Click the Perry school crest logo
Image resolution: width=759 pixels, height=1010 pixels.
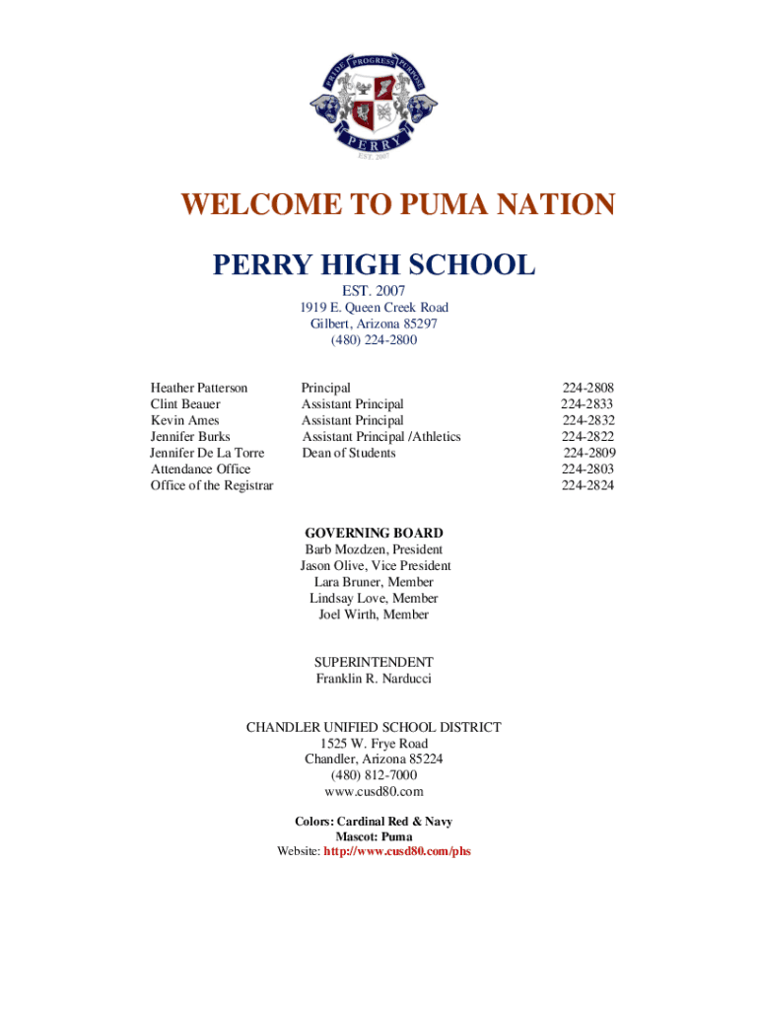[x=373, y=102]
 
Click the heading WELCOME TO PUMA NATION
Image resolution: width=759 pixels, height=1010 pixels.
[x=397, y=205]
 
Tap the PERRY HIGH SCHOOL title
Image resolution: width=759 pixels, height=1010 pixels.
[x=375, y=264]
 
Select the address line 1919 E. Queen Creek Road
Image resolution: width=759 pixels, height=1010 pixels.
[x=375, y=308]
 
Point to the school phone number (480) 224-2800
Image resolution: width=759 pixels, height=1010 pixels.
[x=375, y=340]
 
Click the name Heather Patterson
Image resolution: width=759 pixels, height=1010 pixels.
[x=199, y=388]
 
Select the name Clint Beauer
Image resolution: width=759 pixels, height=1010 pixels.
[x=185, y=404]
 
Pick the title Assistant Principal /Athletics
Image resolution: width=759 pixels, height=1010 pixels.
[x=381, y=437]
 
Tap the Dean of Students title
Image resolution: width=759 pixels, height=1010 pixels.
[x=349, y=453]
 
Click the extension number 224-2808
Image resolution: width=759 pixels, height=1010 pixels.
[x=588, y=388]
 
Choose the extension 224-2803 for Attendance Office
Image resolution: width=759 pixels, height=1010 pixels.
[x=588, y=469]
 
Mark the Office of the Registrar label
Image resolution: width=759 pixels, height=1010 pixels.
[x=212, y=485]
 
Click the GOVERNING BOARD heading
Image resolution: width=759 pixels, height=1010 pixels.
[x=374, y=534]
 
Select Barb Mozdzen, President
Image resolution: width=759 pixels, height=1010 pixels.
[x=374, y=549]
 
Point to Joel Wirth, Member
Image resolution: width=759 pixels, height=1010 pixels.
[x=374, y=614]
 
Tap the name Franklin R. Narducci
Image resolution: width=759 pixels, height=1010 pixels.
[x=374, y=679]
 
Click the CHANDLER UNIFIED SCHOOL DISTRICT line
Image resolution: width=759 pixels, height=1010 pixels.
[x=374, y=727]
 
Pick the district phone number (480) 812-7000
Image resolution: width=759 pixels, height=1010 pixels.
[x=374, y=775]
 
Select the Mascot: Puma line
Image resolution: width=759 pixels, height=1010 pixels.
[x=374, y=836]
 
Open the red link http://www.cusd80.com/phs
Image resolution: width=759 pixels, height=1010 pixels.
[x=397, y=851]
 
